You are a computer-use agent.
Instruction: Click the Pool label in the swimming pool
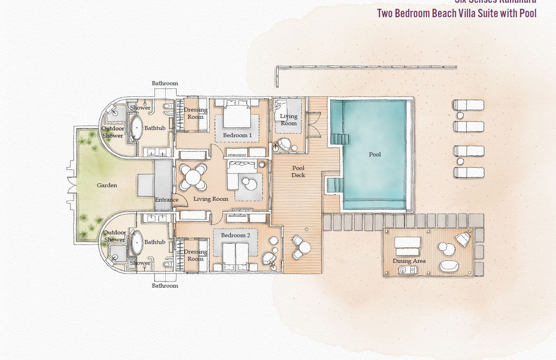tap(375, 154)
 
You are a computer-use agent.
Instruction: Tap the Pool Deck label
tap(298, 172)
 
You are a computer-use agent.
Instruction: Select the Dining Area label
tap(409, 261)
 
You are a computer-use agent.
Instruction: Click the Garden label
tap(107, 185)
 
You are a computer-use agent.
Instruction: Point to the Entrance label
tap(167, 200)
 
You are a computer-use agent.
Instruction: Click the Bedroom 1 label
tap(237, 135)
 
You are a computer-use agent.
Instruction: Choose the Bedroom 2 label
tap(235, 235)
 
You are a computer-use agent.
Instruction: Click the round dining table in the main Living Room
tap(193, 177)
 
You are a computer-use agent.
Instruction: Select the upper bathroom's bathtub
tap(136, 128)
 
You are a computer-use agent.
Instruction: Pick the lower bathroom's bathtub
tap(136, 242)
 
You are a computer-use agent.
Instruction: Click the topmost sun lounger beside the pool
tap(468, 105)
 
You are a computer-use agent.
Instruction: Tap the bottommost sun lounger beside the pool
tap(468, 173)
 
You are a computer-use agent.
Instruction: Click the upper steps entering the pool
tap(339, 139)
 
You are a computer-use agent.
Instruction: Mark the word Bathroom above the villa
tap(165, 83)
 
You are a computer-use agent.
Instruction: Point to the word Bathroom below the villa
tap(165, 286)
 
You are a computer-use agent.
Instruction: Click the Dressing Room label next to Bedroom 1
tap(195, 113)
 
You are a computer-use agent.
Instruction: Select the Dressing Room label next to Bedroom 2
tap(195, 255)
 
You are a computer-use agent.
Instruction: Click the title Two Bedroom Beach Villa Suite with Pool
tap(456, 13)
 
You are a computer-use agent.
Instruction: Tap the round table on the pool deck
tap(305, 247)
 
